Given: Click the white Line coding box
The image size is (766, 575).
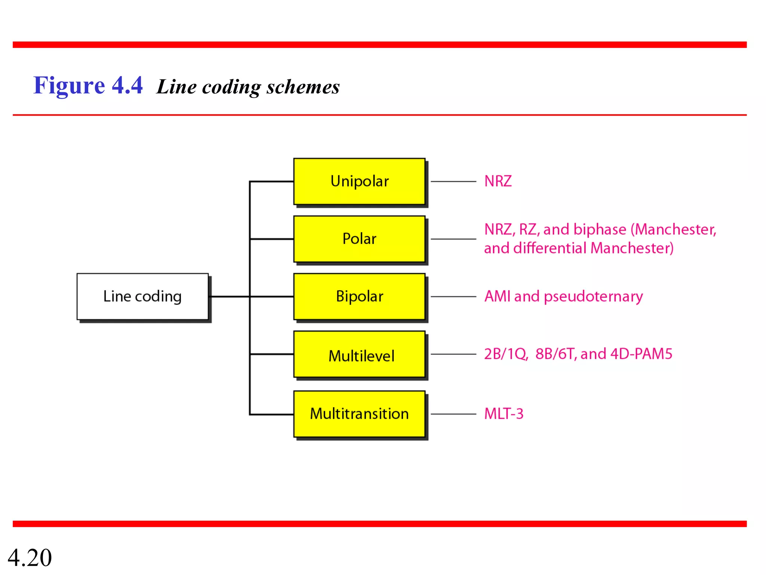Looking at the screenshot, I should (x=142, y=296).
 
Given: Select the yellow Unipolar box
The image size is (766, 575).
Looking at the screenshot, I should (x=359, y=182).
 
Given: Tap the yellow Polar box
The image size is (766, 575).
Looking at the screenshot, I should (x=359, y=239).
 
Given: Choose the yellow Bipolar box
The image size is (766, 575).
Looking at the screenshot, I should (x=359, y=296).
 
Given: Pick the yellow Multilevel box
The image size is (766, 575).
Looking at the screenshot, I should (x=359, y=355).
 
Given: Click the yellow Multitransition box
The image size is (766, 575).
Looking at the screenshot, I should (x=359, y=414).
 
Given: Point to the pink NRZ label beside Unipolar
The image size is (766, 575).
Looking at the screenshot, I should (x=498, y=181).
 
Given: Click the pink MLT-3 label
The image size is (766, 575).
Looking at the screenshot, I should (x=503, y=414).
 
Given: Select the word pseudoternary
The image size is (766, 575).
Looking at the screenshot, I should (x=593, y=297).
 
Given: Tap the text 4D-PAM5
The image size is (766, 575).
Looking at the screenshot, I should (x=641, y=354).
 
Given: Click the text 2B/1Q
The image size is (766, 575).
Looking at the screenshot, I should (x=506, y=354).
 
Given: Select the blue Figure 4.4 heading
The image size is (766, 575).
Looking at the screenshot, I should (x=88, y=85).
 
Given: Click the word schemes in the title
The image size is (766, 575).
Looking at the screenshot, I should (x=303, y=87).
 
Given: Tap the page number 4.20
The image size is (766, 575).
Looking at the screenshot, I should (x=30, y=558).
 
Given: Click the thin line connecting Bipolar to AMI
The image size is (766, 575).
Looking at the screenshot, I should (x=453, y=296).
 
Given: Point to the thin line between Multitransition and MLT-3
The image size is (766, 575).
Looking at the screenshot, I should (x=453, y=414).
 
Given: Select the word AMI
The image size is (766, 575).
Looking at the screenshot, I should (x=497, y=296).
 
